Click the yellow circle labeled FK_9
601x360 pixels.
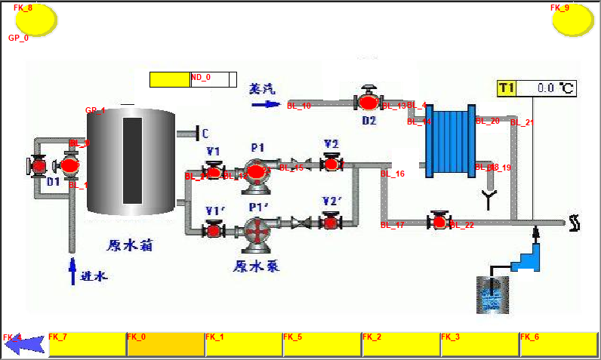573,20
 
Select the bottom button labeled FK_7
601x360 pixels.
87,344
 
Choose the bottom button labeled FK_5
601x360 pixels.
322,344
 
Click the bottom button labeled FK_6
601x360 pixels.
559,344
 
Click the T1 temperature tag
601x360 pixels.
507,88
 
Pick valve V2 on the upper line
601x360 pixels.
331,162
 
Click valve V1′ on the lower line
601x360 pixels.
214,229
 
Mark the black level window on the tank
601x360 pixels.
133,161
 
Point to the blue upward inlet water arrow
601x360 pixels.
73,271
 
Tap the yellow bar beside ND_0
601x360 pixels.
170,79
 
